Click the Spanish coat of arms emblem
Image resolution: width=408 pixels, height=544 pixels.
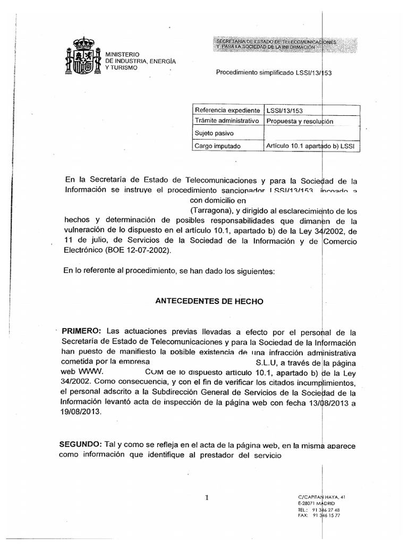(81, 56)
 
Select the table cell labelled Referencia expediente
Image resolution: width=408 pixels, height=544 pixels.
(228, 110)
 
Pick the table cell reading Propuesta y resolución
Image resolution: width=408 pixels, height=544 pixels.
(300, 121)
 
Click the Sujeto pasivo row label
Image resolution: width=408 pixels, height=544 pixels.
(215, 133)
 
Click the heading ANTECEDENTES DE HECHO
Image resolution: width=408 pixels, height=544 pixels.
(209, 301)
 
